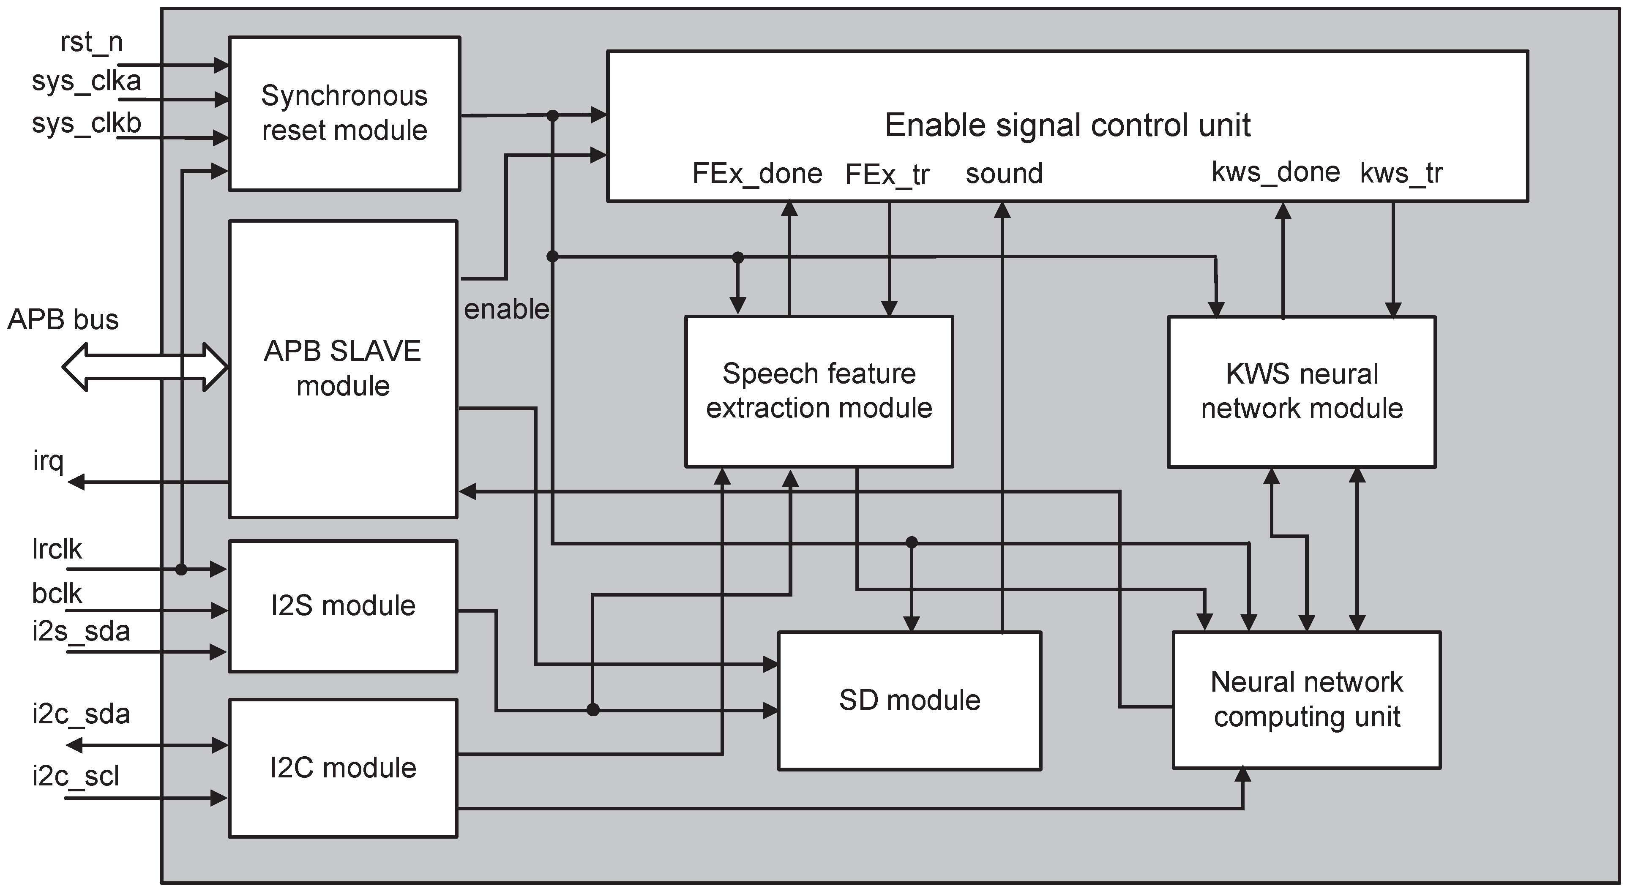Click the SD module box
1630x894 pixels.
[909, 700]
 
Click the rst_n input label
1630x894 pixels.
[91, 42]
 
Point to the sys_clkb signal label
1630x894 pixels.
[87, 123]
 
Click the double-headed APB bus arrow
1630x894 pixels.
[144, 367]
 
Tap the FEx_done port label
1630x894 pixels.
[757, 173]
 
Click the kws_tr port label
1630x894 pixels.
[1401, 173]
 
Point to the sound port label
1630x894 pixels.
[1004, 173]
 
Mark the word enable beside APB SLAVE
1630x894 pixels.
[506, 309]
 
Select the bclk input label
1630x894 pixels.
[57, 594]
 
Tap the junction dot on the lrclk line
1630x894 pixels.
[182, 570]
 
